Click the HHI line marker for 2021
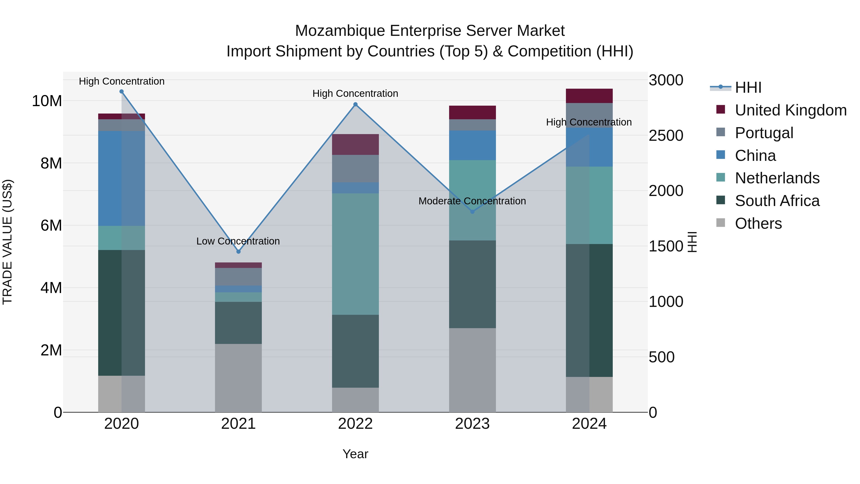point(238,251)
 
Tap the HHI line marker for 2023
point(472,212)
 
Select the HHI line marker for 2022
point(355,104)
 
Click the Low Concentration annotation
point(238,241)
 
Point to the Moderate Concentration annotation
point(472,201)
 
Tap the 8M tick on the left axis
point(51,163)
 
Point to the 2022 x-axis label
point(355,424)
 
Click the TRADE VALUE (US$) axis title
point(8,242)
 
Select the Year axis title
point(355,454)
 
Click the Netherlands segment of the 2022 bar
point(355,254)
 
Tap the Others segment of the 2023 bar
point(472,370)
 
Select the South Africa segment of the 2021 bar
point(238,323)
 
